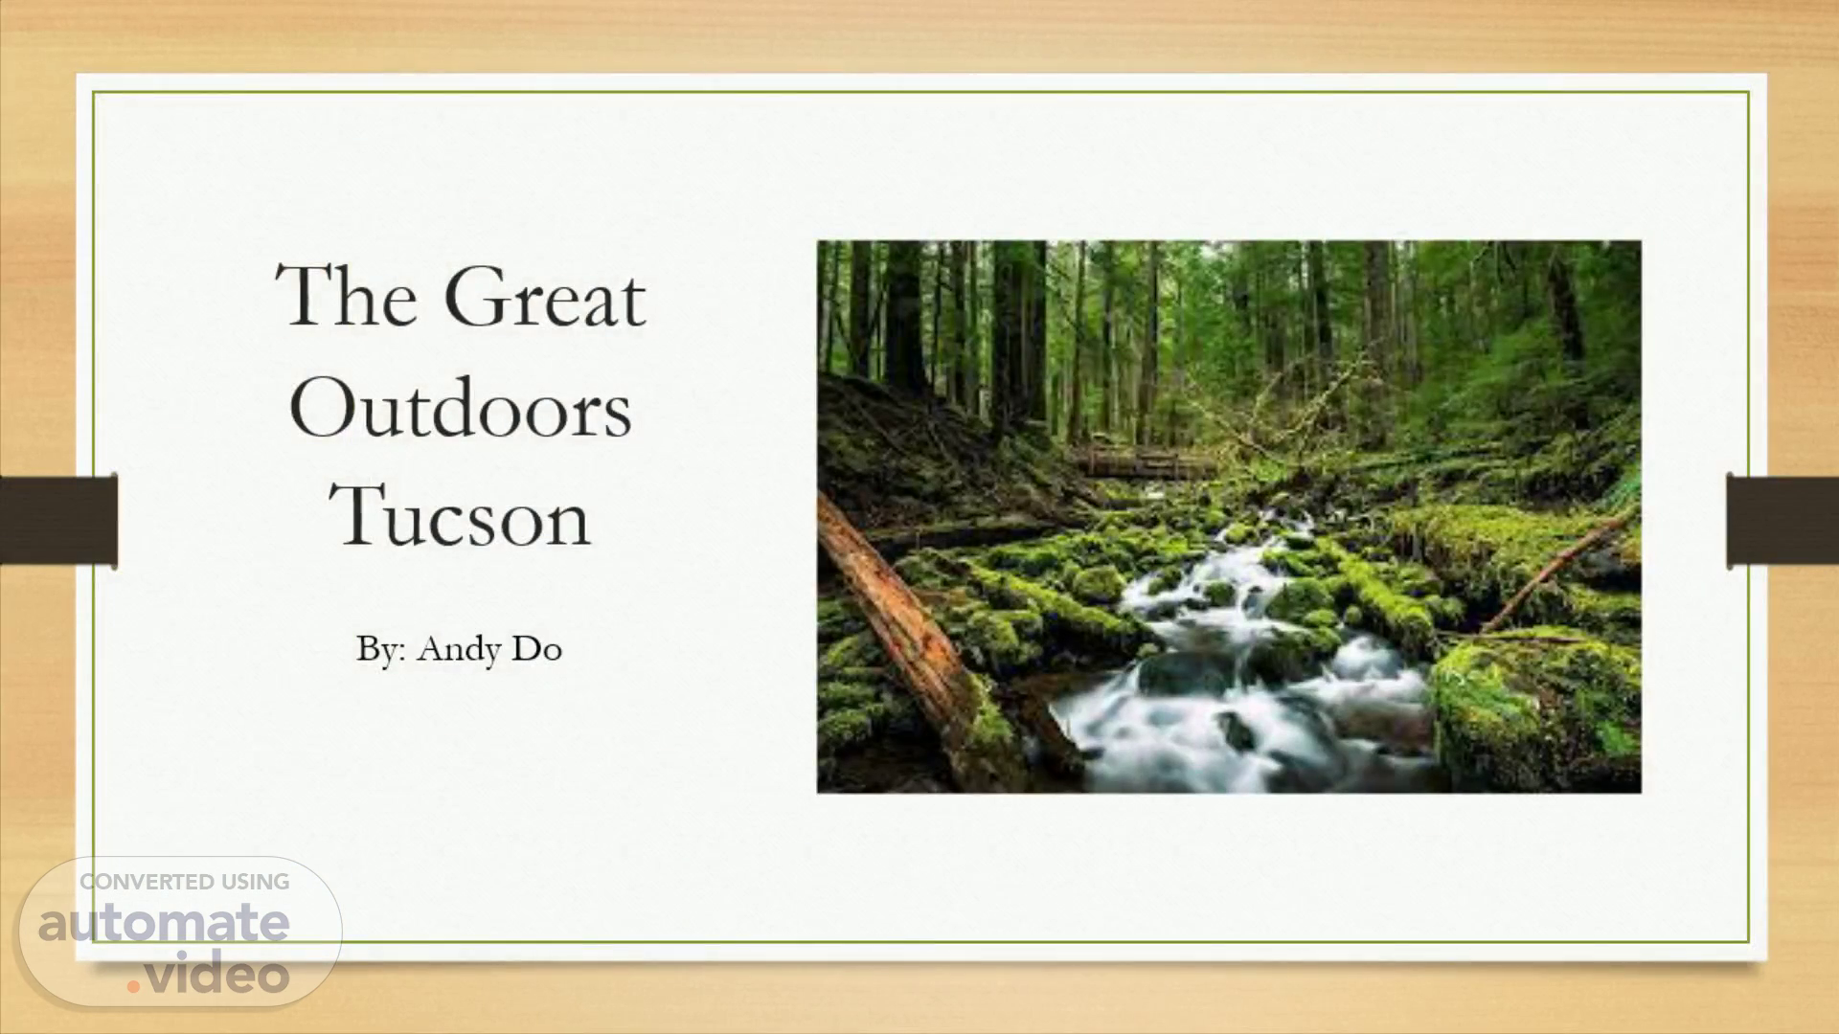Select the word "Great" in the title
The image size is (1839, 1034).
tap(545, 296)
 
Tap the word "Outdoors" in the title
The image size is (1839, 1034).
tap(461, 407)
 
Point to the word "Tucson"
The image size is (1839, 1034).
tap(461, 516)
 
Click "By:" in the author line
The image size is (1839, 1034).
tap(382, 650)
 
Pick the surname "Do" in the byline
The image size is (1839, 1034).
tap(536, 649)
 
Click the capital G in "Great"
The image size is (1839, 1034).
tap(475, 296)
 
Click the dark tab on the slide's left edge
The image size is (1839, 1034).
tap(58, 520)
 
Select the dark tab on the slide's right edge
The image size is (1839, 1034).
tap(1782, 520)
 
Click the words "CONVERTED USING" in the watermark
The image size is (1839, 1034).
tap(185, 882)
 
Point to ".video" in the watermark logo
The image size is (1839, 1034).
tap(208, 973)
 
